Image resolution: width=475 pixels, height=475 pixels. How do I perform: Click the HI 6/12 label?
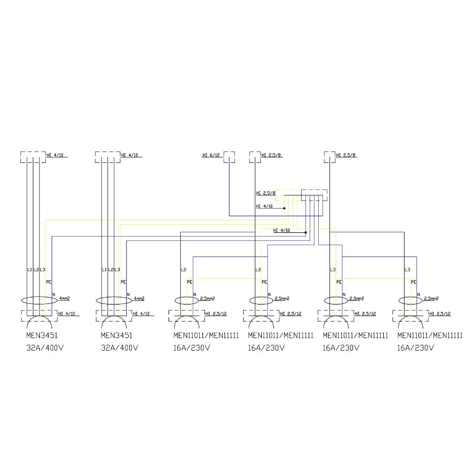pyautogui.click(x=211, y=155)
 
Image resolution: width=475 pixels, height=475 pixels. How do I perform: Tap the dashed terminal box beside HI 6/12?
pyautogui.click(x=229, y=157)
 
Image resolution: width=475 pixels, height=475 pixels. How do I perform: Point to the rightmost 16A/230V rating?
pyautogui.click(x=416, y=348)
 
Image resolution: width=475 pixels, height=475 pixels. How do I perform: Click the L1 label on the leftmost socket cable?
pyautogui.click(x=30, y=270)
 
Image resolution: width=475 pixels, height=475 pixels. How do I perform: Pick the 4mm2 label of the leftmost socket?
pyautogui.click(x=64, y=299)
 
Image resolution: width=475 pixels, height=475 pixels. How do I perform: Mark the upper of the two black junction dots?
pyautogui.click(x=284, y=208)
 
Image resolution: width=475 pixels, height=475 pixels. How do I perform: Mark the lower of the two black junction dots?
pyautogui.click(x=305, y=233)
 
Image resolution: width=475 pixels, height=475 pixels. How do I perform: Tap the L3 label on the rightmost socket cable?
pyautogui.click(x=407, y=270)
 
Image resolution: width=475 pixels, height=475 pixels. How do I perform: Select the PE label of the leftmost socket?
pyautogui.click(x=48, y=282)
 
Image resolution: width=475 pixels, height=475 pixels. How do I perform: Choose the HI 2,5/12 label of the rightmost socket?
pyautogui.click(x=440, y=313)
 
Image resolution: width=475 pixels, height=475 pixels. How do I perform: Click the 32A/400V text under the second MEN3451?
pyautogui.click(x=119, y=348)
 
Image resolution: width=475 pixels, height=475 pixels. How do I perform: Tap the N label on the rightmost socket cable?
pyautogui.click(x=418, y=294)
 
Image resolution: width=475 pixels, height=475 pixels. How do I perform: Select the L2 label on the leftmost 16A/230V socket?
pyautogui.click(x=184, y=270)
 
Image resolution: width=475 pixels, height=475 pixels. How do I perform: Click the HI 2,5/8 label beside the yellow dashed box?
pyautogui.click(x=266, y=193)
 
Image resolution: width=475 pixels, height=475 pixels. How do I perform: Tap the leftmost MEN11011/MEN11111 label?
pyautogui.click(x=206, y=335)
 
